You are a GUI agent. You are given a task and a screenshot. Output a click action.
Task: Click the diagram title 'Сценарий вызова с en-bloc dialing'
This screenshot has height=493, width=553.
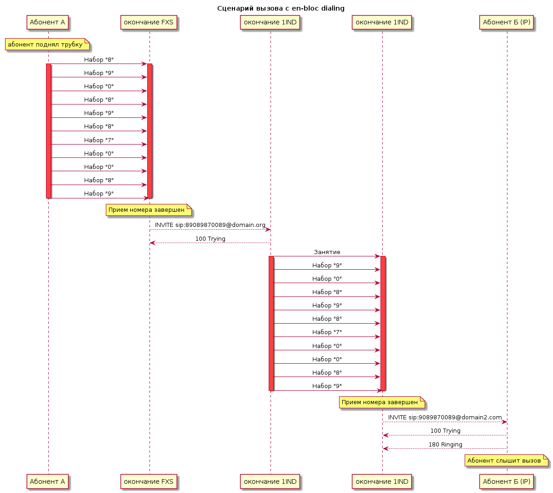[281, 8]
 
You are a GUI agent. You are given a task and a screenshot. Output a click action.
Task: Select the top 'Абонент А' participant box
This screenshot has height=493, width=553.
[47, 22]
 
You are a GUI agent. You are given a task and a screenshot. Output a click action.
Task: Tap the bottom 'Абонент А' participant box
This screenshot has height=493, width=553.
[47, 481]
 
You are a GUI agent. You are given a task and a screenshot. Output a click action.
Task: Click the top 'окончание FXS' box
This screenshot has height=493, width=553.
[149, 22]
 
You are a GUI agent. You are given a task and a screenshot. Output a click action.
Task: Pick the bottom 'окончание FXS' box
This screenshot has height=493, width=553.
[149, 481]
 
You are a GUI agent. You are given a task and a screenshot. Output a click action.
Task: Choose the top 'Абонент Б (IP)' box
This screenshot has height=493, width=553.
[507, 22]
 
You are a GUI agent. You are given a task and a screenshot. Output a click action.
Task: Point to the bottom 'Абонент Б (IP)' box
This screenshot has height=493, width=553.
[507, 481]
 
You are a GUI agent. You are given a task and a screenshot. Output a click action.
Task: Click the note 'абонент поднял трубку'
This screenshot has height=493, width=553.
[47, 44]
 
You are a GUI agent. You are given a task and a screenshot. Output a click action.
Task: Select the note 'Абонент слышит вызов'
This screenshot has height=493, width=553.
[507, 460]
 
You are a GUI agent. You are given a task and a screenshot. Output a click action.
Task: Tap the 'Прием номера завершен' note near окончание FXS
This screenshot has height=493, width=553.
[149, 210]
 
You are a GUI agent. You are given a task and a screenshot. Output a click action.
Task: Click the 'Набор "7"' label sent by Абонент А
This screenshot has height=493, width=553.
[99, 140]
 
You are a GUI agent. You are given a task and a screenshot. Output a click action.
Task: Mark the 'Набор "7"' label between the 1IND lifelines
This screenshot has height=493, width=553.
[327, 332]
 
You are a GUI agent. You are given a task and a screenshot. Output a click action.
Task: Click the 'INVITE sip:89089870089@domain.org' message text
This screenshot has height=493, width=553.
[210, 225]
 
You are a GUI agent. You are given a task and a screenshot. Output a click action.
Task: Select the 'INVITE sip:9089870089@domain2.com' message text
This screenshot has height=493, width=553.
[445, 418]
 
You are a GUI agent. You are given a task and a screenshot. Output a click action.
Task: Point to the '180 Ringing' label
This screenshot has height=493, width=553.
[445, 444]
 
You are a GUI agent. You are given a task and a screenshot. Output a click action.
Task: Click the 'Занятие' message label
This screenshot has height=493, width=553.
[327, 252]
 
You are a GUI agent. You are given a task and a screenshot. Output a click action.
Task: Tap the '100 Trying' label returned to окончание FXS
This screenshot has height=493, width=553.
[210, 239]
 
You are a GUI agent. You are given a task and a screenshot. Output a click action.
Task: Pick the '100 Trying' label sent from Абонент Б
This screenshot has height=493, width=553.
[445, 431]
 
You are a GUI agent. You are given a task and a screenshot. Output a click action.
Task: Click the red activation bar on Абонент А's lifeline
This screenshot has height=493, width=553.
[48, 131]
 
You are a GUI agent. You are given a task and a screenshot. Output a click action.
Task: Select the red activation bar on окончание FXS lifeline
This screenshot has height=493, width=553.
[150, 131]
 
